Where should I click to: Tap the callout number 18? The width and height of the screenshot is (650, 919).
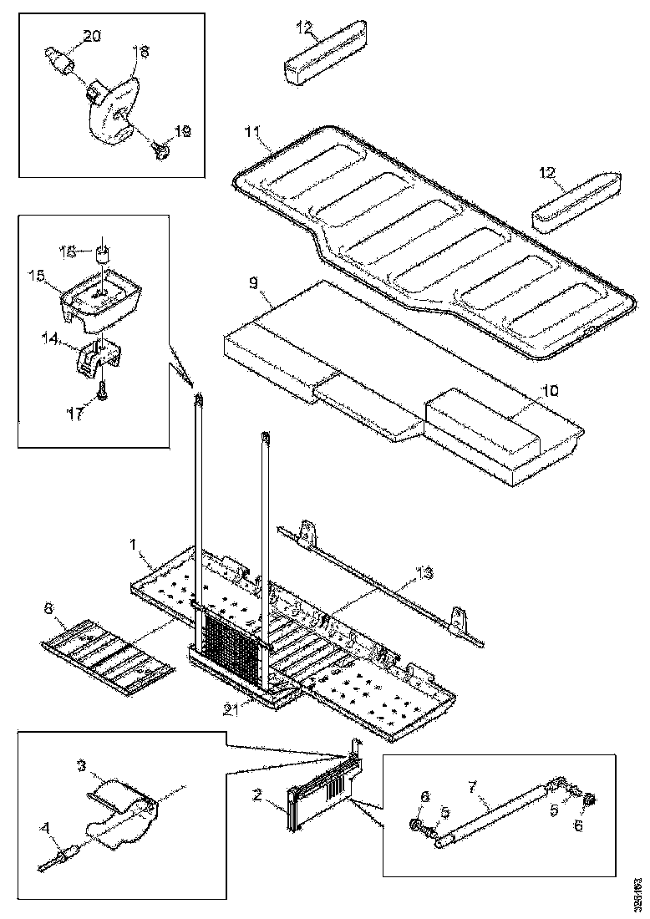point(140,52)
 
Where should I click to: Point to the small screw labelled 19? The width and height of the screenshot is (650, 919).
point(162,150)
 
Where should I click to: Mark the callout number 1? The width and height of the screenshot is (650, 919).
point(134,543)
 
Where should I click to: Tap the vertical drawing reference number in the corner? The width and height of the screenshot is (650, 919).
point(637,891)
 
